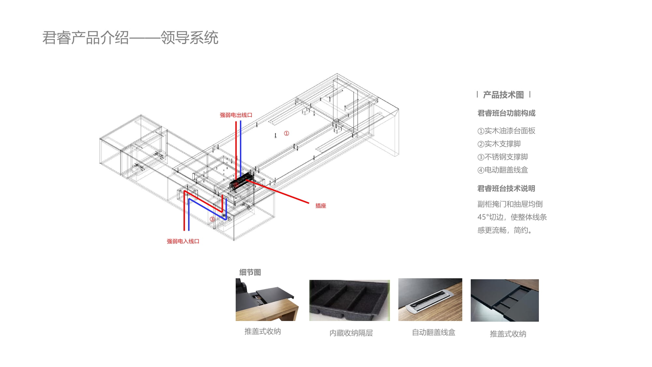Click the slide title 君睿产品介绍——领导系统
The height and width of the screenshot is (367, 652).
[x=130, y=38]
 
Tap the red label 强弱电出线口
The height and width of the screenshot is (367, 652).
[x=236, y=115]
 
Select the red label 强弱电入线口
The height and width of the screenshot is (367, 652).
[x=183, y=241]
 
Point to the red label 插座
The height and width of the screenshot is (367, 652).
[x=320, y=206]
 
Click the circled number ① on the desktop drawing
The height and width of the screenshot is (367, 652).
[x=286, y=133]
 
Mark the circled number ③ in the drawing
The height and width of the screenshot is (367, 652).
[x=212, y=219]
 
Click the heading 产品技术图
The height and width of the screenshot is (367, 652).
[x=503, y=95]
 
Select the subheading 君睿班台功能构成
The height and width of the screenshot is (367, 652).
[x=506, y=113]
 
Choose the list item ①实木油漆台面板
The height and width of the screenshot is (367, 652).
[x=506, y=131]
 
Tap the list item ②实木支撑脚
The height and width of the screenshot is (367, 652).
[x=499, y=144]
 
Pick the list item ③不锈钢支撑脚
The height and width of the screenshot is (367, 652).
[x=503, y=157]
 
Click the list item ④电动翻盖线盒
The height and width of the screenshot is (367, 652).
[x=503, y=170]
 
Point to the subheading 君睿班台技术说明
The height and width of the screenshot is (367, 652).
[x=506, y=189]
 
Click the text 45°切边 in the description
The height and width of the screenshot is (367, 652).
[x=490, y=217]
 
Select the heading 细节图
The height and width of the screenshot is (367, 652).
[x=250, y=272]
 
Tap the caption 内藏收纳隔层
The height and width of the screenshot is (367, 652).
[x=351, y=333]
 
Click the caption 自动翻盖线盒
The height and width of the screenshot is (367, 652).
[x=434, y=332]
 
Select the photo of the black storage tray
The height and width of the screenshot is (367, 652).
[x=349, y=300]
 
